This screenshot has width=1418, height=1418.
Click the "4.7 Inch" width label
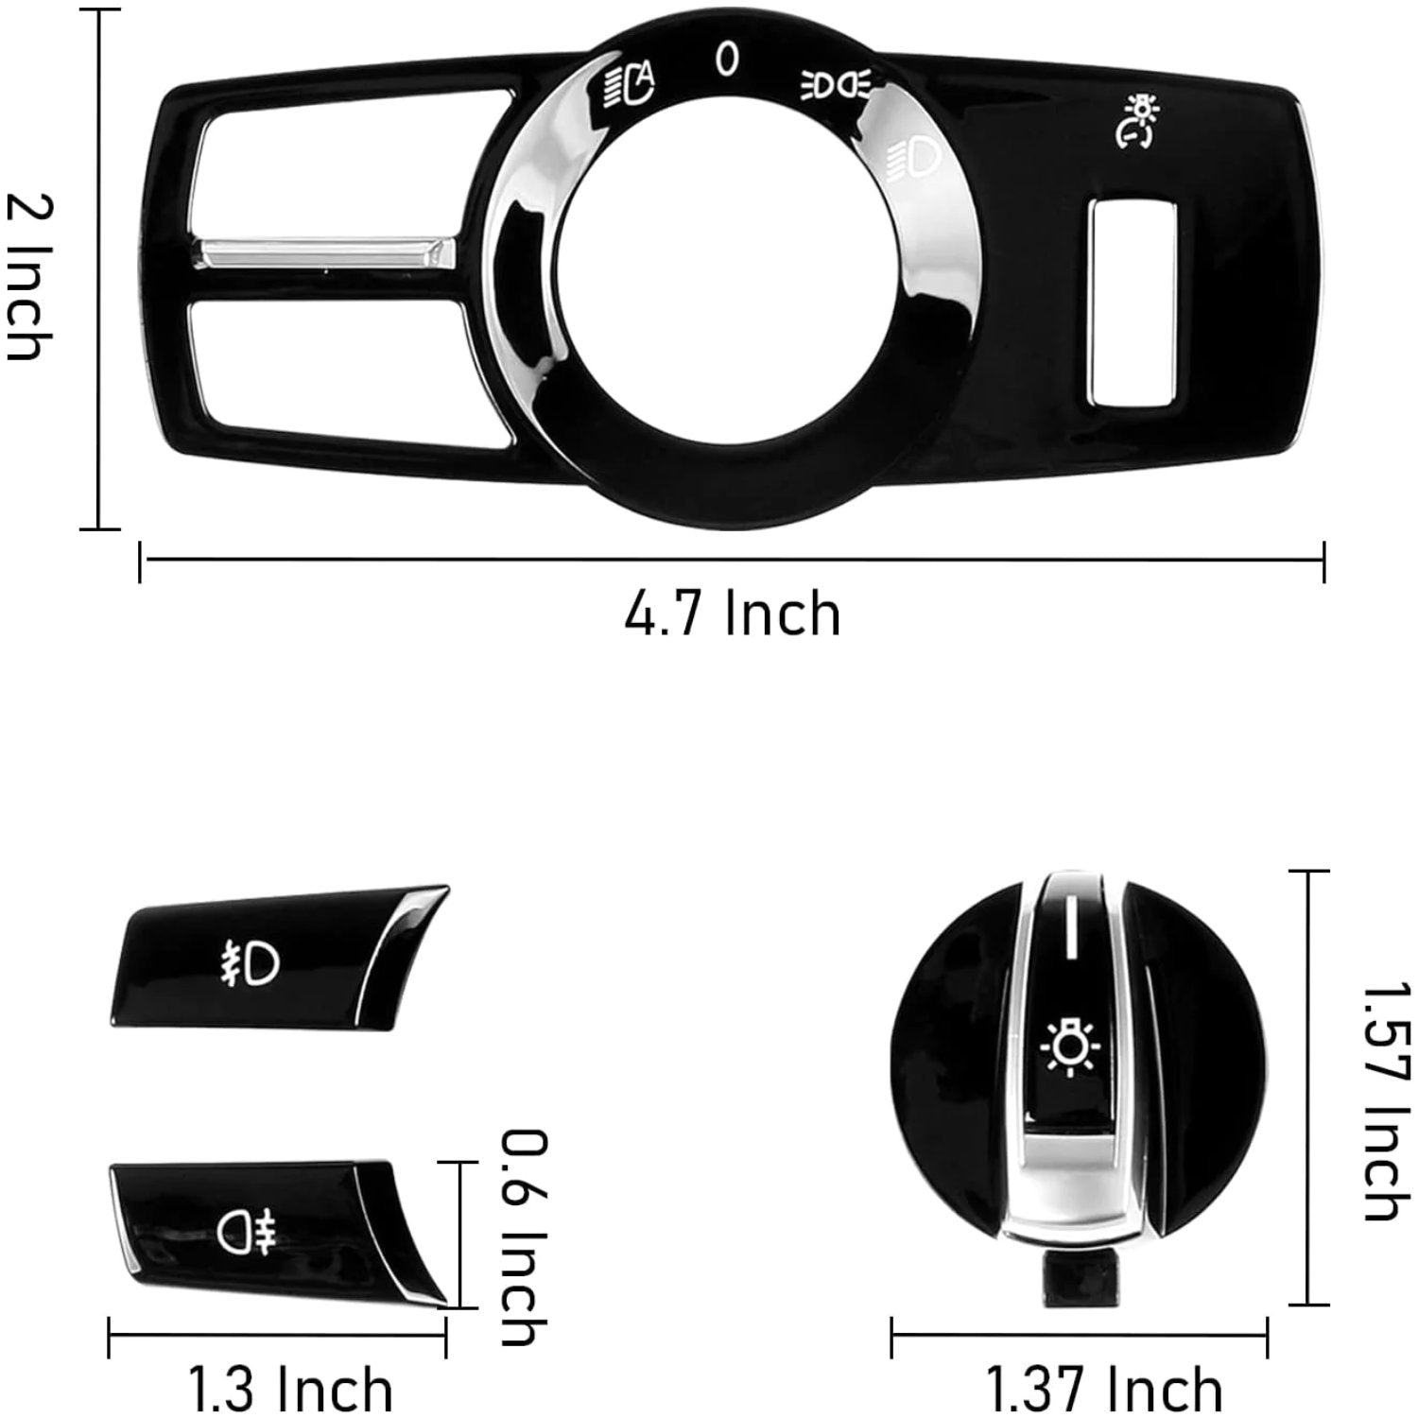click(x=732, y=614)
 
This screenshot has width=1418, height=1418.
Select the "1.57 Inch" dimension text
click(x=1385, y=1101)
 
